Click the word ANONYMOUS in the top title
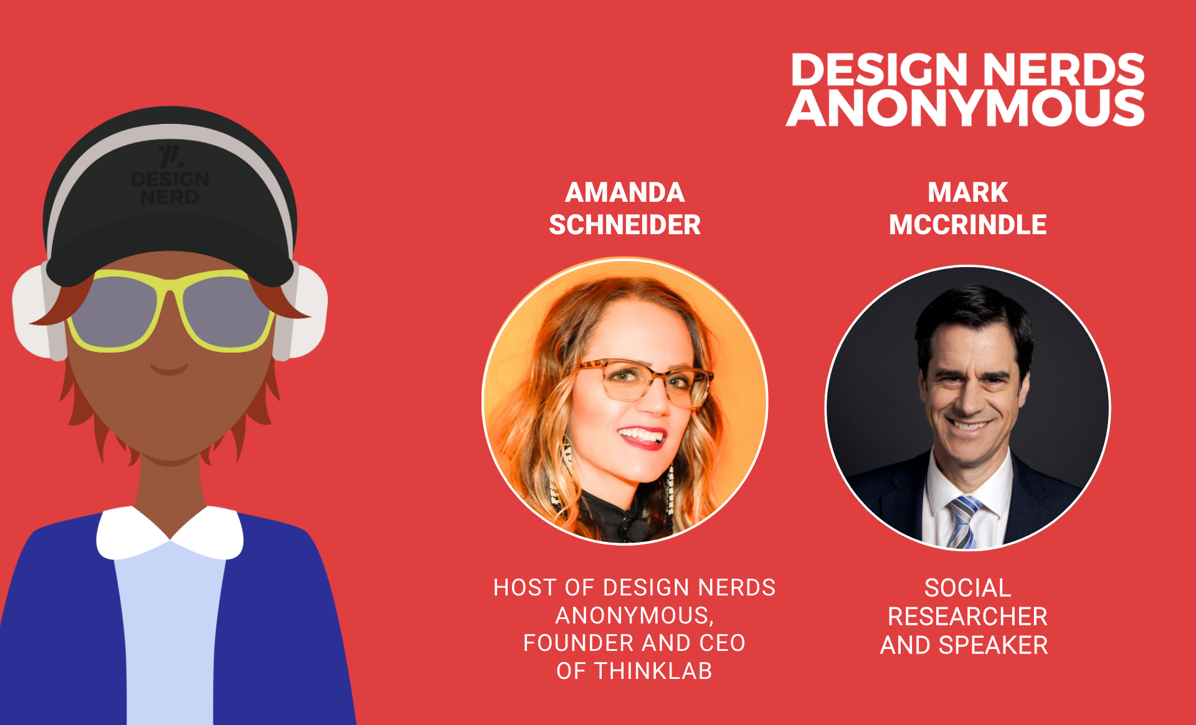(x=965, y=108)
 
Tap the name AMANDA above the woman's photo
(x=625, y=192)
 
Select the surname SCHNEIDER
(x=625, y=225)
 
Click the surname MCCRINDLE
(x=967, y=225)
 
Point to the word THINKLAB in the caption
(x=653, y=671)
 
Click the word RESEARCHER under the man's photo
(x=967, y=617)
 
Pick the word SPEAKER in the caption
(x=993, y=645)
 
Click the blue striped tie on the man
(x=963, y=522)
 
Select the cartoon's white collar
(x=169, y=532)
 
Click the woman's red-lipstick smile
(x=642, y=435)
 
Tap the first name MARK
(x=967, y=192)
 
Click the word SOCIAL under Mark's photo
(x=967, y=588)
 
